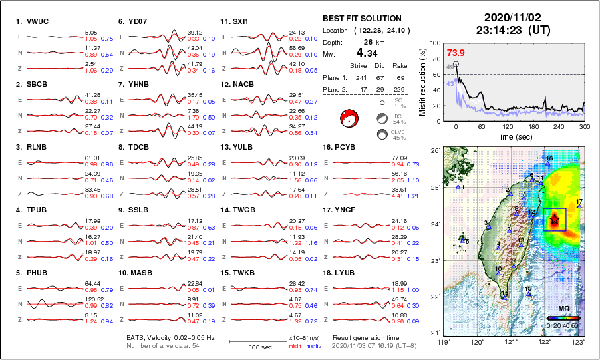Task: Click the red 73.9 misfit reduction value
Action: click(456, 53)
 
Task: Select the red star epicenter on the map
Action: click(555, 219)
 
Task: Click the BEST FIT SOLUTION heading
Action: click(361, 19)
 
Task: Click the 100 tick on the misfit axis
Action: click(436, 43)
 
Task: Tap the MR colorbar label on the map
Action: click(563, 309)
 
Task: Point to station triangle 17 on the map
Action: click(579, 206)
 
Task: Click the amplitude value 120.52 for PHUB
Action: click(94, 299)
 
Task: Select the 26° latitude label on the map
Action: click(433, 151)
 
